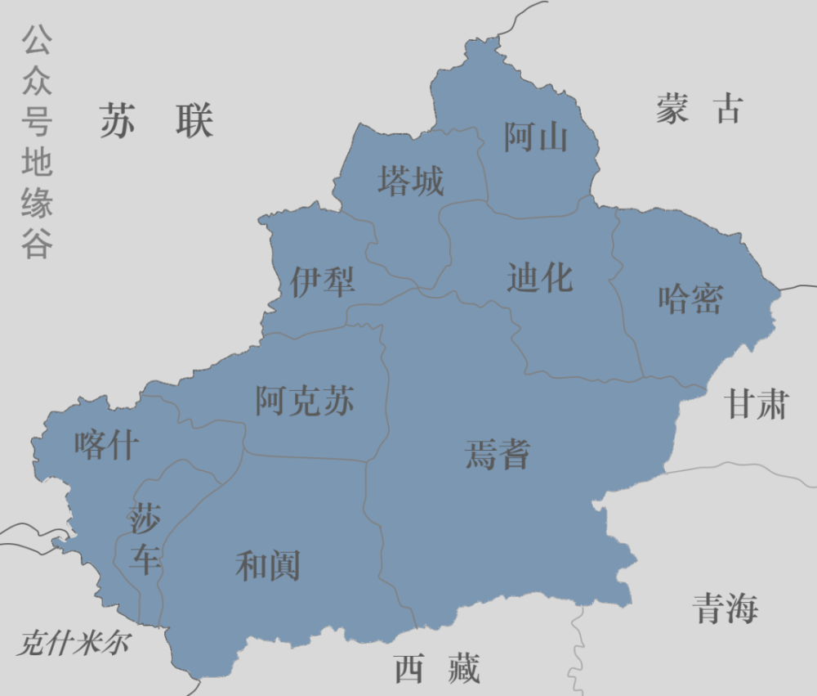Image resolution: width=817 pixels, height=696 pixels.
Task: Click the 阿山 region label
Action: [x=535, y=137]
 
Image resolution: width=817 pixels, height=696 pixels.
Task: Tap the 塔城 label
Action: [x=410, y=181]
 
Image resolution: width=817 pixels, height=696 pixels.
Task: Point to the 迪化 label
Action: [x=539, y=278]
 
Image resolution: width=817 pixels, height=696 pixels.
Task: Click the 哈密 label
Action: [x=690, y=299]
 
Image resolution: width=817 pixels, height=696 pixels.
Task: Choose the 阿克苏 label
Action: [x=305, y=402]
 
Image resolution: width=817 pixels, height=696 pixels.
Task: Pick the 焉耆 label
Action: [x=498, y=454]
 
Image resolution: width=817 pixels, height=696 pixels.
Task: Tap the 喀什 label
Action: [x=106, y=446]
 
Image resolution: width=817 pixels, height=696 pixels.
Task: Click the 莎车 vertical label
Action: [x=145, y=539]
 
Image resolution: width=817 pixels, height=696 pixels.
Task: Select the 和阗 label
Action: [x=268, y=566]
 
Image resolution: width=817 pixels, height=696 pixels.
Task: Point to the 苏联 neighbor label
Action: [x=157, y=121]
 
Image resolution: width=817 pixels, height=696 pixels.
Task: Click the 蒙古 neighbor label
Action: [x=699, y=109]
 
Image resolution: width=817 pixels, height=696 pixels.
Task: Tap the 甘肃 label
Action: [x=757, y=404]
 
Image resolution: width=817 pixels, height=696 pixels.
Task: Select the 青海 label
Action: [x=725, y=608]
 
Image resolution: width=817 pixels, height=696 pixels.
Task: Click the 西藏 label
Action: [x=437, y=669]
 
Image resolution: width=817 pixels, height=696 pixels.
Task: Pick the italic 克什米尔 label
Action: [x=72, y=644]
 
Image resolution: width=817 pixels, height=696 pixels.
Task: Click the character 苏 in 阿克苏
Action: [x=338, y=402]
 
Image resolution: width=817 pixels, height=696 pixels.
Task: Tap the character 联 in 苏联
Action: [x=194, y=121]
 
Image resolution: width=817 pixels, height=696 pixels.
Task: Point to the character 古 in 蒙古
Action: [x=729, y=109]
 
